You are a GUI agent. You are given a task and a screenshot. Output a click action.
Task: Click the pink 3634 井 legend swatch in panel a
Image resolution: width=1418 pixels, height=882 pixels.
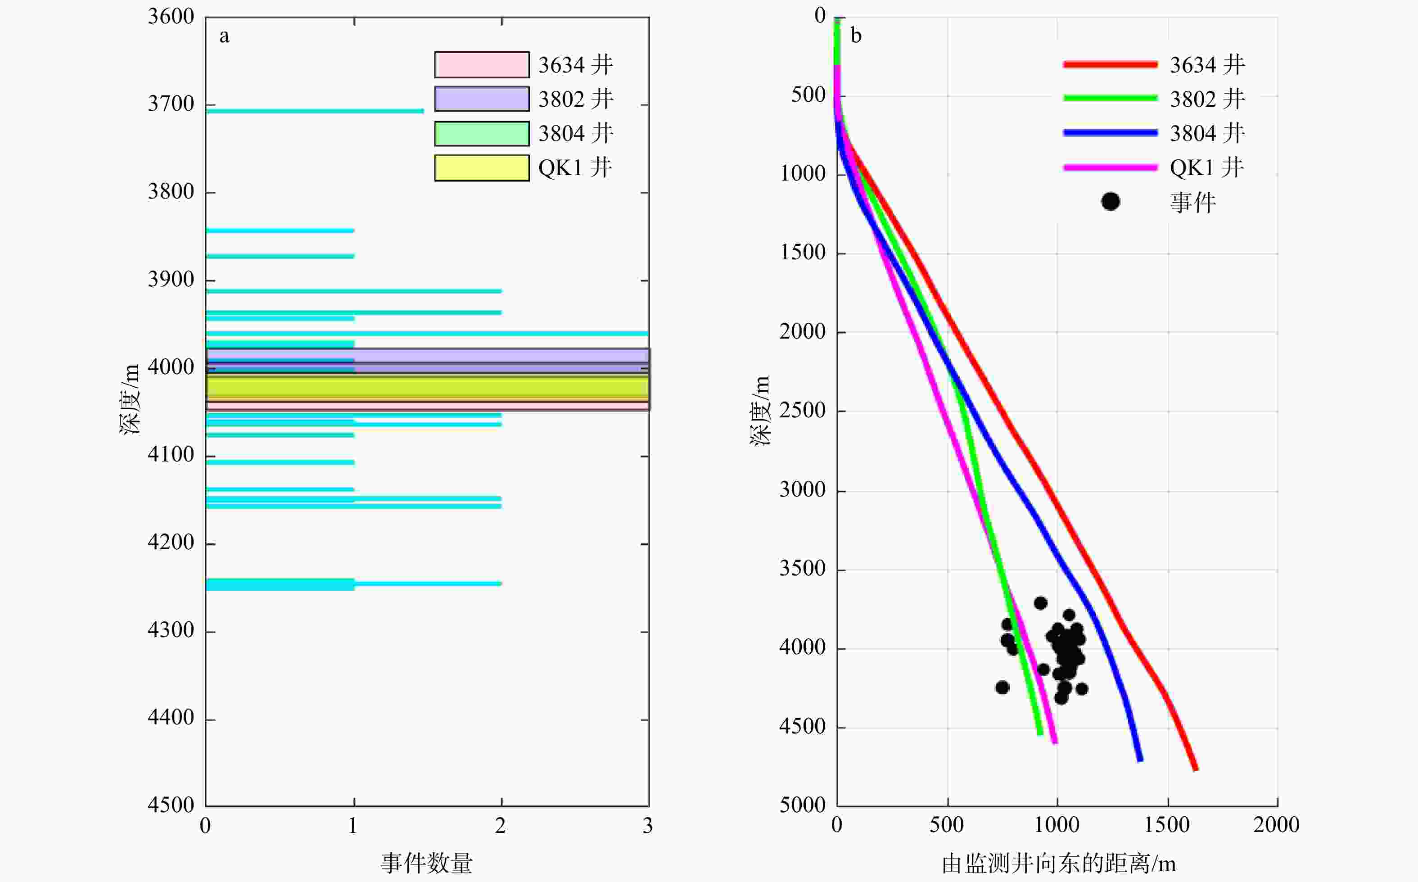[482, 65]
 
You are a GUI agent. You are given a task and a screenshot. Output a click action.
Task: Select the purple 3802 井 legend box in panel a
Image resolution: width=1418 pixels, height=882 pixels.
[482, 99]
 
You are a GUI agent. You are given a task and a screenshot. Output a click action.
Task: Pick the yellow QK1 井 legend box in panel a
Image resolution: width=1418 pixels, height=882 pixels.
[482, 168]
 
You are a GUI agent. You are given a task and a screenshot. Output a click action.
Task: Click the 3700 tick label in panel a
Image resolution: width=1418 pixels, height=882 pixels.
[171, 104]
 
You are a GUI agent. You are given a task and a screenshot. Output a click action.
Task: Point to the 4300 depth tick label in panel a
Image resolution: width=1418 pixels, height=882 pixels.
[171, 630]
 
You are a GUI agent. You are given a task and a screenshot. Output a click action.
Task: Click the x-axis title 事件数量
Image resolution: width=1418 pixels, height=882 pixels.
[426, 863]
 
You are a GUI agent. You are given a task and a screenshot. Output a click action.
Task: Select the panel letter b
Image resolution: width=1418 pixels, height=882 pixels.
[855, 36]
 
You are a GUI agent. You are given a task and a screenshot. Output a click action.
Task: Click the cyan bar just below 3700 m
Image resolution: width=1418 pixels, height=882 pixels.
[315, 111]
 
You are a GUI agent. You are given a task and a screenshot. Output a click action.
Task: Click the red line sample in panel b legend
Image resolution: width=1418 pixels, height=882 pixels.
[1110, 65]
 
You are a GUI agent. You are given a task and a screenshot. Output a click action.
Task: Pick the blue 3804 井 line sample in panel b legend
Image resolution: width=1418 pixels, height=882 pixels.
[1110, 133]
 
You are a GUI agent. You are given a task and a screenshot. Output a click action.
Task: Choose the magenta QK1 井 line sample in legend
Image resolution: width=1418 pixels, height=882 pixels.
[1110, 168]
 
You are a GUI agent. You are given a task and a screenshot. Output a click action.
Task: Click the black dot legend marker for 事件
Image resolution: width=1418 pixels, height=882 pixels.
[1111, 202]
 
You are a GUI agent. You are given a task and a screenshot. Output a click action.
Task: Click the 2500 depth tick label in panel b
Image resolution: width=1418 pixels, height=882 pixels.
[803, 411]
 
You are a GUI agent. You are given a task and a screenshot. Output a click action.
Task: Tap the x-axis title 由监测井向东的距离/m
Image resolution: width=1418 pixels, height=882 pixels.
[1058, 864]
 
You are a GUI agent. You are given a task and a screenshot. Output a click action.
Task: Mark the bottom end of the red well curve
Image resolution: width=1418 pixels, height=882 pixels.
[1195, 769]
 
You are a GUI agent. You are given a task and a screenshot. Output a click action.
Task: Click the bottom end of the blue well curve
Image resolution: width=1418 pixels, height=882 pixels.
[1140, 760]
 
